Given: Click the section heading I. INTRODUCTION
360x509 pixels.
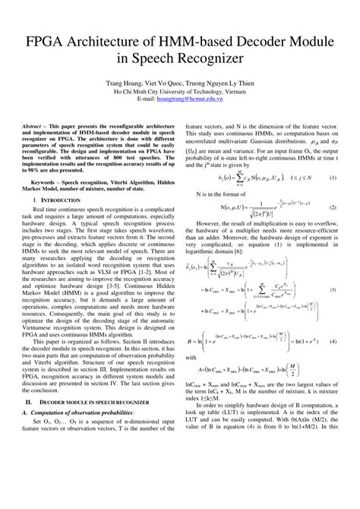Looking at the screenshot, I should pyautogui.click(x=99, y=220).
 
